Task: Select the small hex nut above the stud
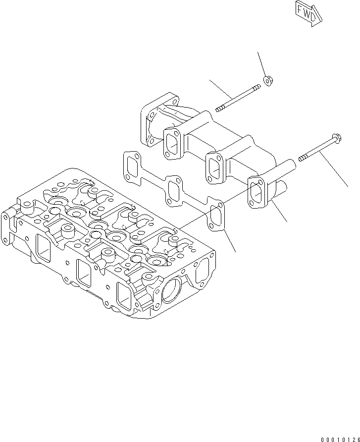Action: (269, 79)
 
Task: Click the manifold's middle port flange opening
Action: (215, 167)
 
